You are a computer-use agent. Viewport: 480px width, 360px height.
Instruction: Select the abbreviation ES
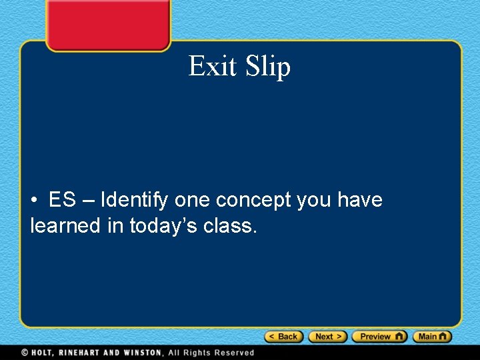[62, 200]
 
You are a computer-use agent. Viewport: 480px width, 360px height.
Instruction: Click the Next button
[328, 337]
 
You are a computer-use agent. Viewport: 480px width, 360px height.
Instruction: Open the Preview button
[379, 337]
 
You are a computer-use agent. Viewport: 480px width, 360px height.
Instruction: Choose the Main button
[432, 337]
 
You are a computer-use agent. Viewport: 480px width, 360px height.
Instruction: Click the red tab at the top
[108, 24]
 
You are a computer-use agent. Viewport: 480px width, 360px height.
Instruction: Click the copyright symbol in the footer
[25, 353]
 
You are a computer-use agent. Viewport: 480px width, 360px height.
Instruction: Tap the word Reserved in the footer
[233, 353]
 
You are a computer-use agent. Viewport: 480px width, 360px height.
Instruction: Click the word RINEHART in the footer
[83, 353]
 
